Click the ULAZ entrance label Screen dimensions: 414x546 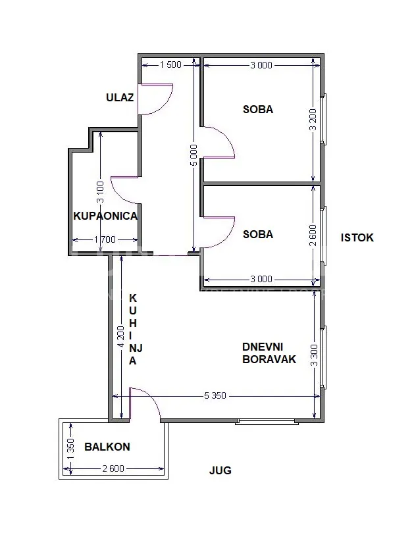point(120,97)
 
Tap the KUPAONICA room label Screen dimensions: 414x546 point(105,216)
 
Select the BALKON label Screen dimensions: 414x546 point(107,447)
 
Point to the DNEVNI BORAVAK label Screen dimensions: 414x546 point(269,353)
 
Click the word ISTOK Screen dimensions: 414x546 point(357,237)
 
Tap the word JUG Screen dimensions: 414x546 point(220,470)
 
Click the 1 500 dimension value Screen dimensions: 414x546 point(170,64)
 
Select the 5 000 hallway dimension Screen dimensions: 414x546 point(194,155)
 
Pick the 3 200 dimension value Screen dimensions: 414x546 point(313,120)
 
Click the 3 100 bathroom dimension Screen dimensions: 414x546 point(100,192)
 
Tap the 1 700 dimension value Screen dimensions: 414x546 point(105,239)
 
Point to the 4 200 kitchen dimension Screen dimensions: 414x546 point(121,336)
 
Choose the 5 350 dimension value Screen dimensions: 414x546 point(215,395)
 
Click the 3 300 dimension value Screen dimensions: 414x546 point(315,355)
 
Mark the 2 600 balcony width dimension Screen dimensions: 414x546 point(113,468)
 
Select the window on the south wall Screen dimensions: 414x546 point(268,421)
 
